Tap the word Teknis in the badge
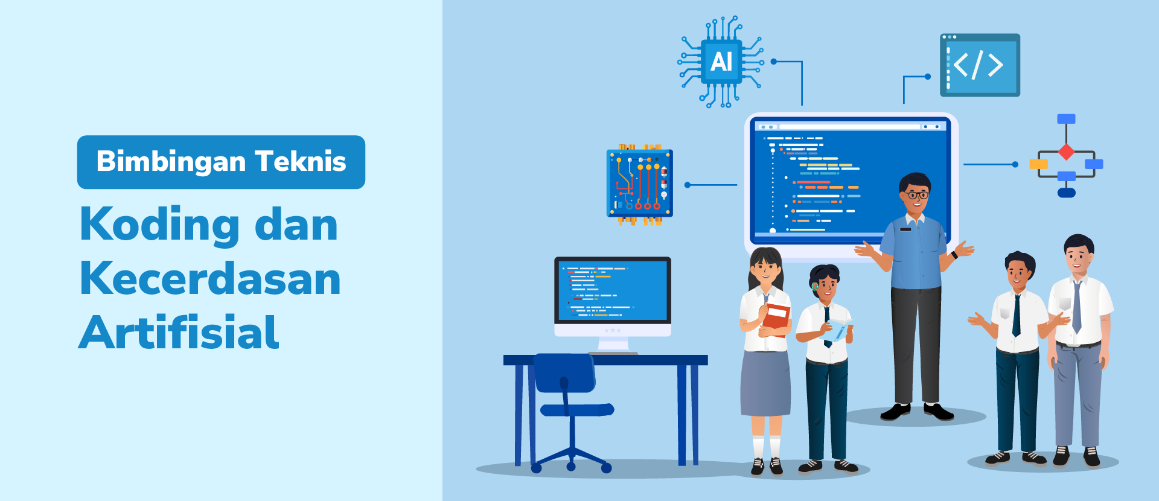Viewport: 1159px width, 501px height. [x=301, y=161]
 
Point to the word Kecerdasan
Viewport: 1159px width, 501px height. [x=210, y=278]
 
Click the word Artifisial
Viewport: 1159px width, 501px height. [x=179, y=332]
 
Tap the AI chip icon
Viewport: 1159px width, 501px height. [x=721, y=62]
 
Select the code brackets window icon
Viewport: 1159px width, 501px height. [x=980, y=65]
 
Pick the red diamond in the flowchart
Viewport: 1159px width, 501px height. [x=1067, y=152]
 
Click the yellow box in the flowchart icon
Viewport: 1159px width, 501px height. [x=1038, y=164]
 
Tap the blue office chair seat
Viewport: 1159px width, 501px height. [x=577, y=410]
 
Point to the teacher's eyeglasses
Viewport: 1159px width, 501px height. [x=917, y=195]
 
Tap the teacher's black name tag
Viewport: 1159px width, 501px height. [x=905, y=229]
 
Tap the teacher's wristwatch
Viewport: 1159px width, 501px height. [x=955, y=255]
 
